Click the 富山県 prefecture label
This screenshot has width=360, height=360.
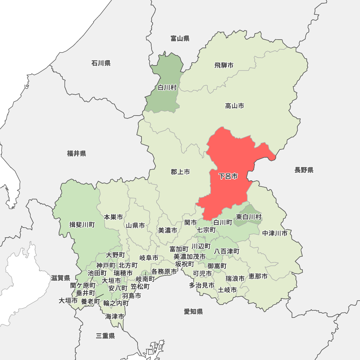click(x=180, y=39)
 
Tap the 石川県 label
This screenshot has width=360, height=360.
click(x=101, y=63)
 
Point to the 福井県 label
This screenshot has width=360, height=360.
click(x=76, y=154)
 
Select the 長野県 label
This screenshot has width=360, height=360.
click(x=304, y=170)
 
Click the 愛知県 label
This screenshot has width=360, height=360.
click(x=193, y=312)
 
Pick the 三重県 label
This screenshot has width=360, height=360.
click(x=105, y=336)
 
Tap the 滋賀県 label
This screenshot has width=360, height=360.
click(x=60, y=278)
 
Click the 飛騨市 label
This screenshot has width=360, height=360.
click(x=224, y=65)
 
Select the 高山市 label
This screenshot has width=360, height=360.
click(x=234, y=106)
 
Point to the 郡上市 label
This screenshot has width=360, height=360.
click(x=180, y=172)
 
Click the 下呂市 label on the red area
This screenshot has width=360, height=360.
click(x=228, y=176)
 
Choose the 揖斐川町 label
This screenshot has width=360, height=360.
click(x=82, y=225)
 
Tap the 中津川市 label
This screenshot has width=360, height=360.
click(x=275, y=233)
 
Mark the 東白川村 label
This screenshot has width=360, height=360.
click(x=249, y=217)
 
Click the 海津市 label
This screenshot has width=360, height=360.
click(x=115, y=317)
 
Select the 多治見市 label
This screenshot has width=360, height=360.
click(x=202, y=285)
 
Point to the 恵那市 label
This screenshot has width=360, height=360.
click(x=258, y=276)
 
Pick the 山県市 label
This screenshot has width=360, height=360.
click(x=135, y=226)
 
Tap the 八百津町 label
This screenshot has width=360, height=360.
click(x=227, y=251)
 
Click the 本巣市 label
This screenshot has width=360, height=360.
click(x=113, y=217)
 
